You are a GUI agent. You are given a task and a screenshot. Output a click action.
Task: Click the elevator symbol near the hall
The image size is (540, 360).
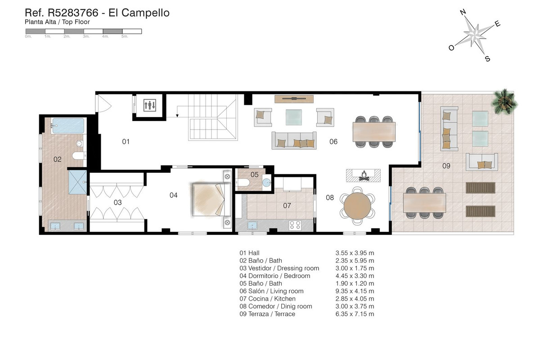click(149, 106)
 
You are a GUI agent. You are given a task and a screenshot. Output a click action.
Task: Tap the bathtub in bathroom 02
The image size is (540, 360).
click(68, 126)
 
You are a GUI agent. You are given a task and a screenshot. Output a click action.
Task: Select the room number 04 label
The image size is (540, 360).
click(173, 195)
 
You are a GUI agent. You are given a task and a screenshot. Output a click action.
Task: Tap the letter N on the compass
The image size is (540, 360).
click(463, 13)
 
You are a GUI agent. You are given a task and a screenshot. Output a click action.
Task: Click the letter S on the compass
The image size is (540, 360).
click(487, 58)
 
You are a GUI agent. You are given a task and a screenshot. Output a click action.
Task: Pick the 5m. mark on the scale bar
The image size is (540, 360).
click(124, 36)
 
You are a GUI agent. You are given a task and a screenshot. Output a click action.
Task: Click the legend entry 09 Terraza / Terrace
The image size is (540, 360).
click(267, 314)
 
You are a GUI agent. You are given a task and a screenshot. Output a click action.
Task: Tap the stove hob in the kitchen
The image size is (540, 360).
click(295, 225)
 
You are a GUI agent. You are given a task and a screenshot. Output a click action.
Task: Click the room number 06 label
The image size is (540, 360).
click(333, 142)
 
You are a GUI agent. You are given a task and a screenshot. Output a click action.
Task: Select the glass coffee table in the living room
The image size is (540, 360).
click(294, 117)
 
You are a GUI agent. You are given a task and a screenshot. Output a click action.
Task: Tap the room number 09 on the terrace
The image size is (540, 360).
click(446, 166)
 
